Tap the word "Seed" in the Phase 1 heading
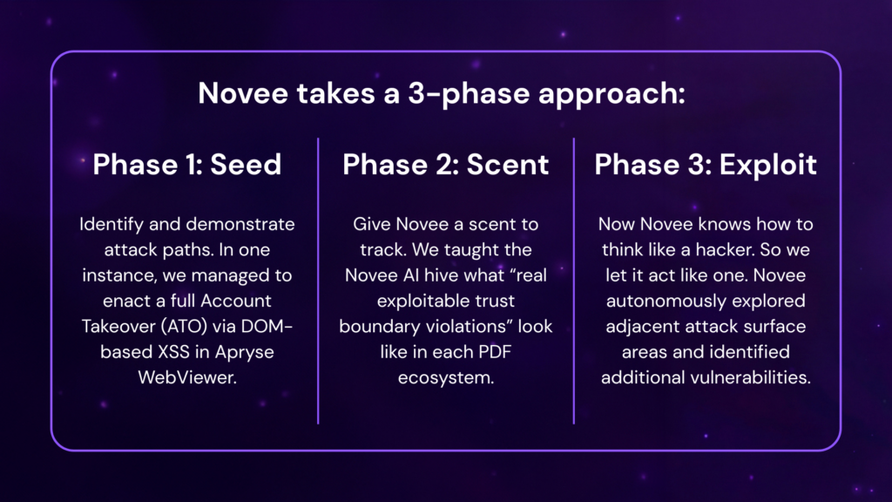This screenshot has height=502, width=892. coord(246,165)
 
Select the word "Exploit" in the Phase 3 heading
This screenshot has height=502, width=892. coord(768,165)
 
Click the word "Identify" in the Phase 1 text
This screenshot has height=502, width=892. coord(111,225)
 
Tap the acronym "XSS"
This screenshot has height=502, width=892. coord(174,352)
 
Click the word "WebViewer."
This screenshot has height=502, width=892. coord(187,377)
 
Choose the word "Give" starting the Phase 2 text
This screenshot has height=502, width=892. coord(372,224)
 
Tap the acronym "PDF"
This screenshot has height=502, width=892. coord(495,352)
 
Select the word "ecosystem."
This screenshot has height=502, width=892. coord(446,378)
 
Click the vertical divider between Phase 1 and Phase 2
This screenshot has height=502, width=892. coord(318,281)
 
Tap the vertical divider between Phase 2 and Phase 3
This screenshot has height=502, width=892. coord(574,281)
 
